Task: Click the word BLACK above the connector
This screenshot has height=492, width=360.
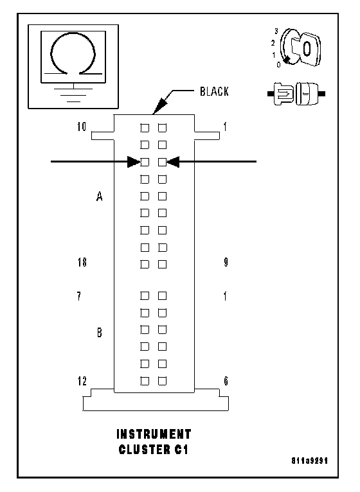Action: click(214, 91)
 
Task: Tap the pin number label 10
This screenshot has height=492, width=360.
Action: click(82, 127)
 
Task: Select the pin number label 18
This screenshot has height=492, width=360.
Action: click(82, 262)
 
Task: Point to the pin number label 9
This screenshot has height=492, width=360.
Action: click(226, 262)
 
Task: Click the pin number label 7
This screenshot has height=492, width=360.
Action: click(79, 296)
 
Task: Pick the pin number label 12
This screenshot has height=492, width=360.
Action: click(82, 381)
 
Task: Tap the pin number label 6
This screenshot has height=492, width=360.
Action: click(226, 381)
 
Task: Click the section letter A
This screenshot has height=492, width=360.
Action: click(99, 197)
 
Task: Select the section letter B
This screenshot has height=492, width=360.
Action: click(100, 332)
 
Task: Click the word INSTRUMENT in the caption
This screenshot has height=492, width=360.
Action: click(154, 434)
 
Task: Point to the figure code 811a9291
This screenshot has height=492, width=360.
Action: click(310, 461)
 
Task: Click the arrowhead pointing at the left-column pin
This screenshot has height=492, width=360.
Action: click(134, 162)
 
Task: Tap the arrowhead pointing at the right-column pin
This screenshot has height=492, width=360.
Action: click(173, 162)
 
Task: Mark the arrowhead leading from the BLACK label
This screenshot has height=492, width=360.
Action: click(160, 106)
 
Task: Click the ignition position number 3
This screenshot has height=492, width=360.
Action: click(276, 31)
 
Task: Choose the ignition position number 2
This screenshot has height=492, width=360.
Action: click(273, 43)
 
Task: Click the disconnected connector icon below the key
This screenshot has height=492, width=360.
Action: click(296, 94)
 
